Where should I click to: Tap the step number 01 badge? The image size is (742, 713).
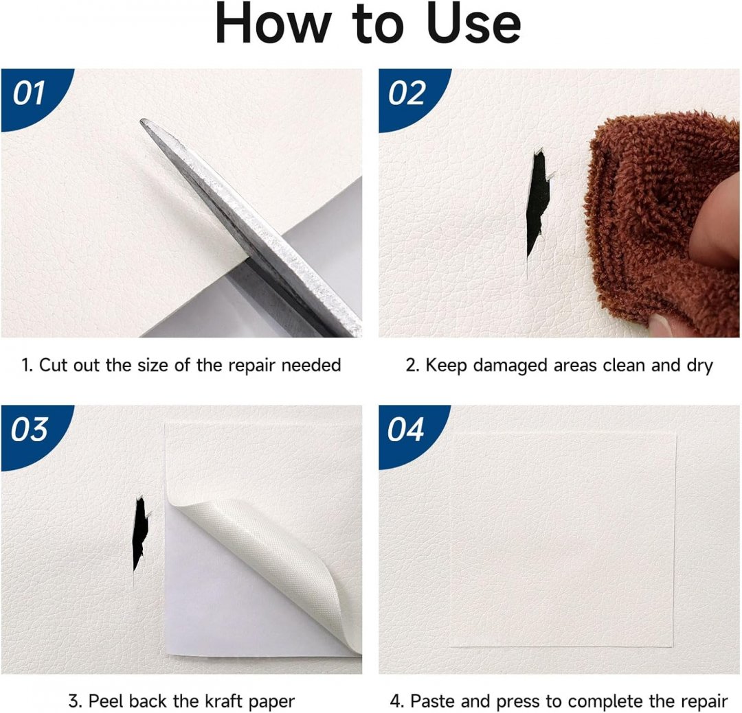click(33, 97)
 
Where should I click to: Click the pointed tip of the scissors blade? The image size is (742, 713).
click(142, 121)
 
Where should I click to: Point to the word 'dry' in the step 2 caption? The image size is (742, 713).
click(699, 366)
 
